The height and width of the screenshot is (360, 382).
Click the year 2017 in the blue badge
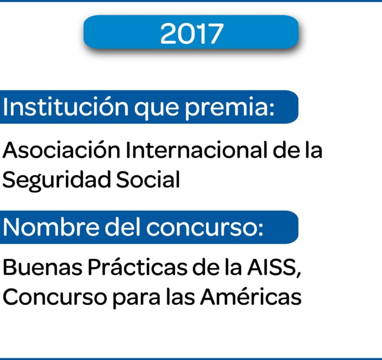coord(192,34)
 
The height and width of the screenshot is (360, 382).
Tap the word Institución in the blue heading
coord(65,106)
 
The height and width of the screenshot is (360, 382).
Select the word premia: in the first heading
coord(230,109)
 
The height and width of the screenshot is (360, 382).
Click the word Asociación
coord(61,149)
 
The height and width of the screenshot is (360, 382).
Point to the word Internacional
coord(196,150)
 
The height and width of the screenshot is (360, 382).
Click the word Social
coord(148,179)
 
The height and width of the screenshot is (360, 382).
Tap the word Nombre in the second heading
coord(51,227)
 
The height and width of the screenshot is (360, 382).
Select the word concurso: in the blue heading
coord(205,228)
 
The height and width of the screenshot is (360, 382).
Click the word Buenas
coord(43,267)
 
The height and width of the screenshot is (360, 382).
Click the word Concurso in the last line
coord(55,296)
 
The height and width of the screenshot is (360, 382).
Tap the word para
coord(136,298)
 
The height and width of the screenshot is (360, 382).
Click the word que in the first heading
coord(157,109)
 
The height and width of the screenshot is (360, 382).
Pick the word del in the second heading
coord(123,227)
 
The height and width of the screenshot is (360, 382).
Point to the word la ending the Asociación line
coord(315,149)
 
